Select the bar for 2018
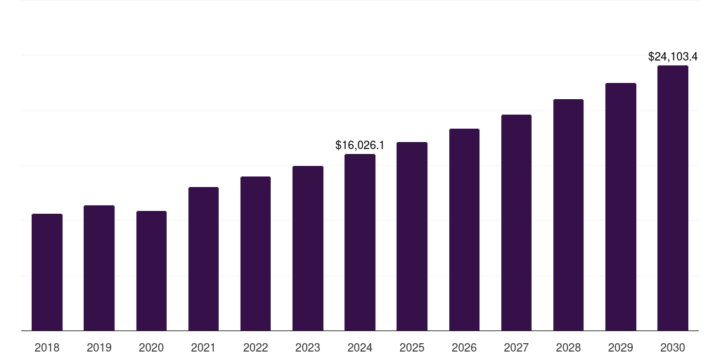click(x=47, y=272)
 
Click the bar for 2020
click(x=151, y=271)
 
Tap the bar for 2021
click(x=203, y=259)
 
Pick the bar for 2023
click(x=308, y=248)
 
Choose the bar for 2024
click(x=360, y=243)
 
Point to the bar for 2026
click(x=464, y=230)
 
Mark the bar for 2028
click(x=568, y=215)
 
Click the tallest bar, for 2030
click(x=673, y=198)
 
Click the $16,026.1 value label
click(x=360, y=146)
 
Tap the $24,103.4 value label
click(x=673, y=56)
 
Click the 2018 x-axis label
click(x=47, y=347)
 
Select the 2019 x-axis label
click(x=99, y=347)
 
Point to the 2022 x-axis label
click(x=255, y=347)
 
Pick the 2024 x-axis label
click(x=360, y=347)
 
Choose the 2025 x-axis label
click(x=412, y=347)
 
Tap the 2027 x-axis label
click(x=516, y=347)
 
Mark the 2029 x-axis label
click(x=620, y=347)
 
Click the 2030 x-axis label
click(x=673, y=347)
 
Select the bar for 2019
click(x=99, y=268)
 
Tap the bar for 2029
click(x=620, y=207)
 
